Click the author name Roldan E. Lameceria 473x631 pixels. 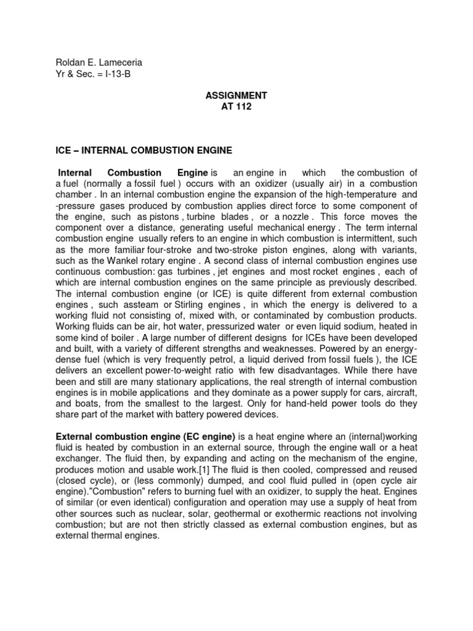[94, 62]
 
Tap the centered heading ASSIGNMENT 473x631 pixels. [236, 96]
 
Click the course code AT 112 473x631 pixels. [236, 107]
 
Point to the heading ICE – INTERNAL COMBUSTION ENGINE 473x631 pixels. [141, 150]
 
